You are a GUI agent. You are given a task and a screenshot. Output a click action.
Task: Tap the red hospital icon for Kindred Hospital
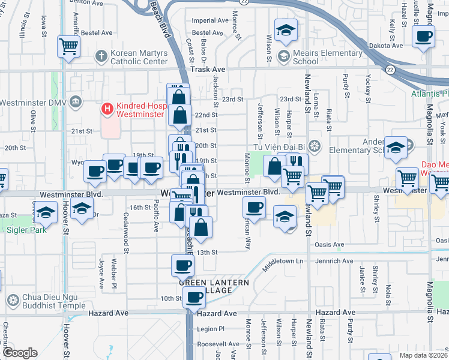point(107,109)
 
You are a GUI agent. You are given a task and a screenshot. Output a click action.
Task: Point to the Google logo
point(20,353)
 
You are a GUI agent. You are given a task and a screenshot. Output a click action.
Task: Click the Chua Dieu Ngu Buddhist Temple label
point(50,301)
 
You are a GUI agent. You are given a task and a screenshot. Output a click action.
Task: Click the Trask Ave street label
point(207,70)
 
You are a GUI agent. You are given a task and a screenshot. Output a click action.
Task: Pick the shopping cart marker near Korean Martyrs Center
point(69,46)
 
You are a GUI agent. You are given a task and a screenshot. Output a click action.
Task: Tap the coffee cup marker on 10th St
point(194,297)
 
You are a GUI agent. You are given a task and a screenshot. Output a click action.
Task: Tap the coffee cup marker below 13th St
point(183,264)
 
